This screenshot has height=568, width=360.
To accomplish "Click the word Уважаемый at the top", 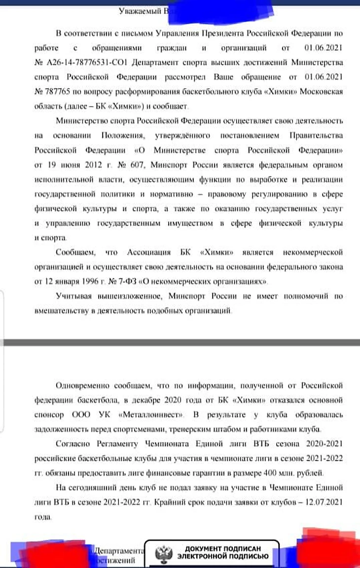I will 139,10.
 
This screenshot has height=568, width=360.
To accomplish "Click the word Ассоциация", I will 148,253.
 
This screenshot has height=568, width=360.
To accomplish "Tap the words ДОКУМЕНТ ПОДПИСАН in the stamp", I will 222,549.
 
